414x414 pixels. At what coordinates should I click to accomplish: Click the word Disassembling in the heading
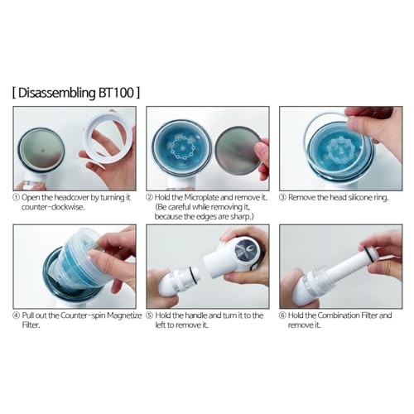(x=57, y=94)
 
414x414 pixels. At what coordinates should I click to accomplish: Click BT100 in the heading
(x=116, y=93)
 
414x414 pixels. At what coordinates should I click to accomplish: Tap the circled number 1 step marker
(x=17, y=198)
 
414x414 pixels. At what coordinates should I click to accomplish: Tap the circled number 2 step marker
(x=149, y=198)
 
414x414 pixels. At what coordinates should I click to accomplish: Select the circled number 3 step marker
(x=282, y=198)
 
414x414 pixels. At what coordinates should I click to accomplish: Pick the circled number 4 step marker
(x=17, y=315)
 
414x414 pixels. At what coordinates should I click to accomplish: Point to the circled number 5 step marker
(x=149, y=315)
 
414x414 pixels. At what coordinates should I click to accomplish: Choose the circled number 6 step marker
(x=282, y=315)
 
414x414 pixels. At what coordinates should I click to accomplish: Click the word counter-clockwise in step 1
(x=52, y=207)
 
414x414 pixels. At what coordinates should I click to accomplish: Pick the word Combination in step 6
(x=336, y=315)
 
